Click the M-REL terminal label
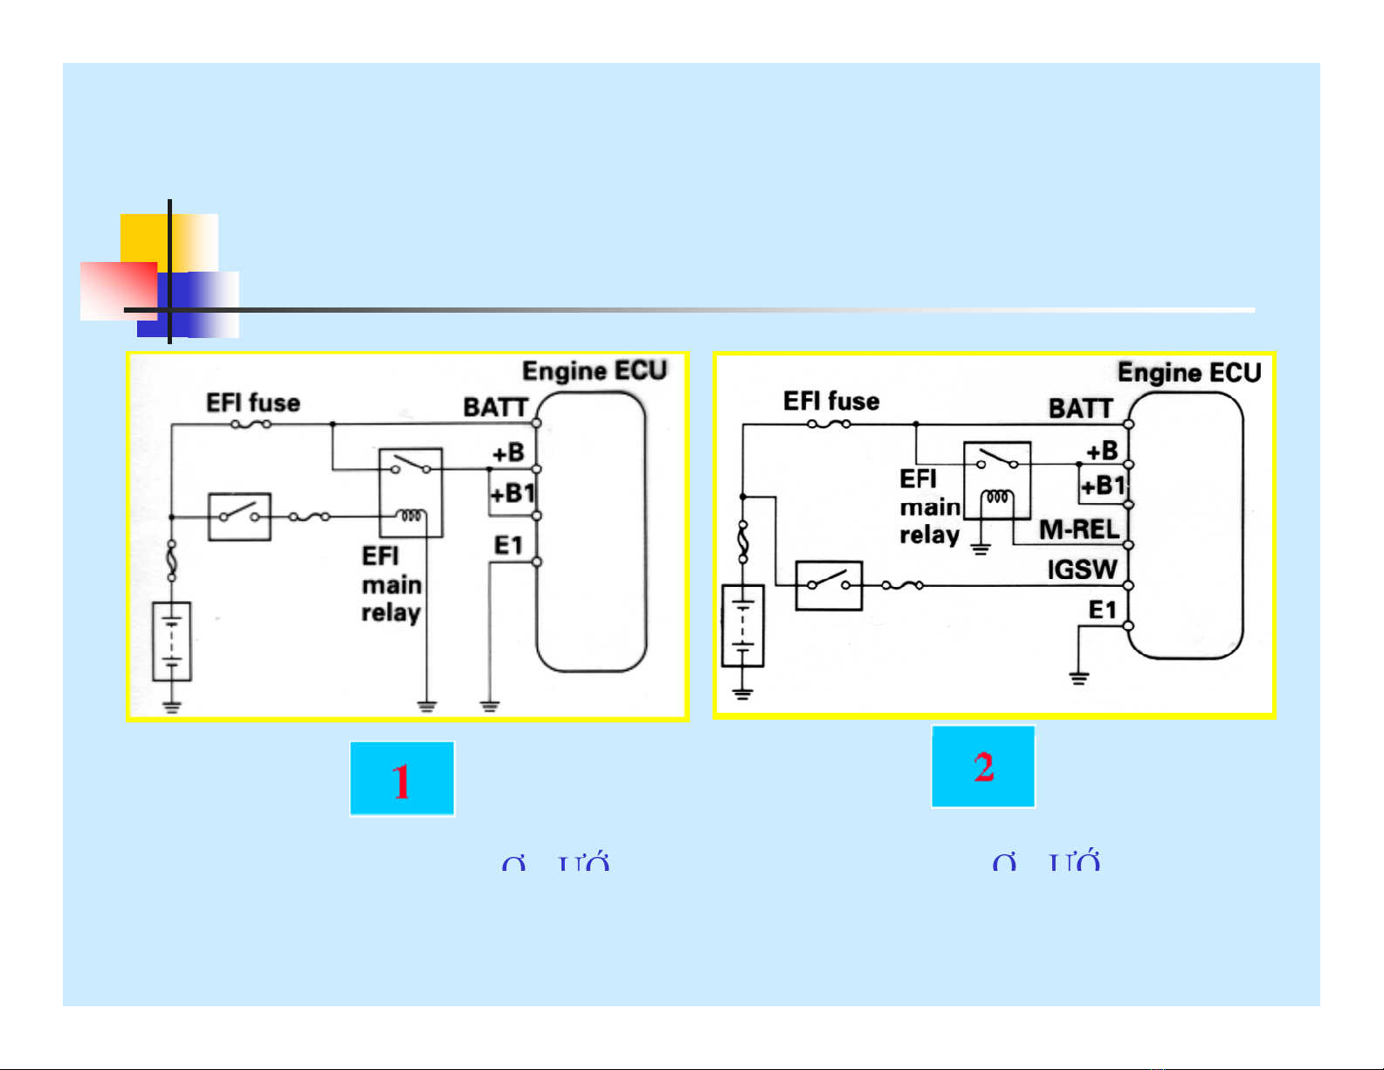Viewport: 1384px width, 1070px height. point(1078,530)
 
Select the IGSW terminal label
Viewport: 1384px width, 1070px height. point(1082,570)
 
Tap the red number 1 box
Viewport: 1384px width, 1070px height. point(402,779)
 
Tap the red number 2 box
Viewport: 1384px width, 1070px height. point(983,767)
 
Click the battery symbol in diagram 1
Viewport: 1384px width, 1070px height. point(172,641)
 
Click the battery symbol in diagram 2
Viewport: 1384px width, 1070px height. point(743,626)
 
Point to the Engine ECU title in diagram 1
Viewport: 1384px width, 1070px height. point(594,371)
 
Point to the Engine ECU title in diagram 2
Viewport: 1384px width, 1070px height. point(1189,373)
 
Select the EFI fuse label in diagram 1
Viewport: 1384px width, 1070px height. point(252,403)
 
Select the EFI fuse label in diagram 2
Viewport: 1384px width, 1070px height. point(830,401)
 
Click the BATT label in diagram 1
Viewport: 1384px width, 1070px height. point(495,408)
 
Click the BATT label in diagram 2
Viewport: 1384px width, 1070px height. point(1080,409)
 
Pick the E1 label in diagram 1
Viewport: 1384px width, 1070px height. point(508,546)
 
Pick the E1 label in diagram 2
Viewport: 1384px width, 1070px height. point(1102,610)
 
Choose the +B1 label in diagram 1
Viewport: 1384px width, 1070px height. point(512,494)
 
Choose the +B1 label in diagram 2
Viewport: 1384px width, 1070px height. point(1103,486)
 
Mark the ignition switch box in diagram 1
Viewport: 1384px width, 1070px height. point(239,516)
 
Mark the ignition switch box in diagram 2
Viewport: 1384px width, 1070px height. point(829,585)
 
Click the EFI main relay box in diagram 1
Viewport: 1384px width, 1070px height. point(410,493)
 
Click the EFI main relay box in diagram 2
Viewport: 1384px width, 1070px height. point(996,481)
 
